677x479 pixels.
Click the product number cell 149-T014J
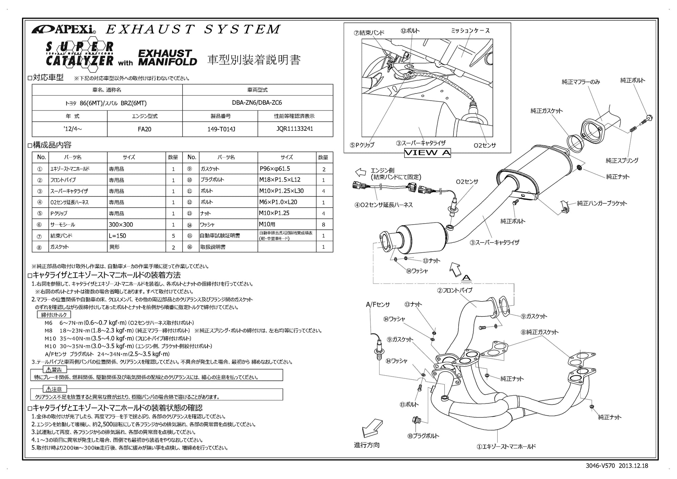point(220,129)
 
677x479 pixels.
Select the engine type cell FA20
point(145,129)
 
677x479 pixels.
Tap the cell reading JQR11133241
point(295,129)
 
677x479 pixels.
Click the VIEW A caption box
point(428,153)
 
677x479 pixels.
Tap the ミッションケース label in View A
point(470,31)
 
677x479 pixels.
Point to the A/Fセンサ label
point(378,305)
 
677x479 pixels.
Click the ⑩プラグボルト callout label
point(423,436)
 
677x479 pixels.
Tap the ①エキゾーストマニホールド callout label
point(506,446)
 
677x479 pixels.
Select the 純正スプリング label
point(622,161)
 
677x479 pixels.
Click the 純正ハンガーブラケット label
point(602,203)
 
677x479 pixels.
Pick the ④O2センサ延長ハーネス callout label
point(384,205)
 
